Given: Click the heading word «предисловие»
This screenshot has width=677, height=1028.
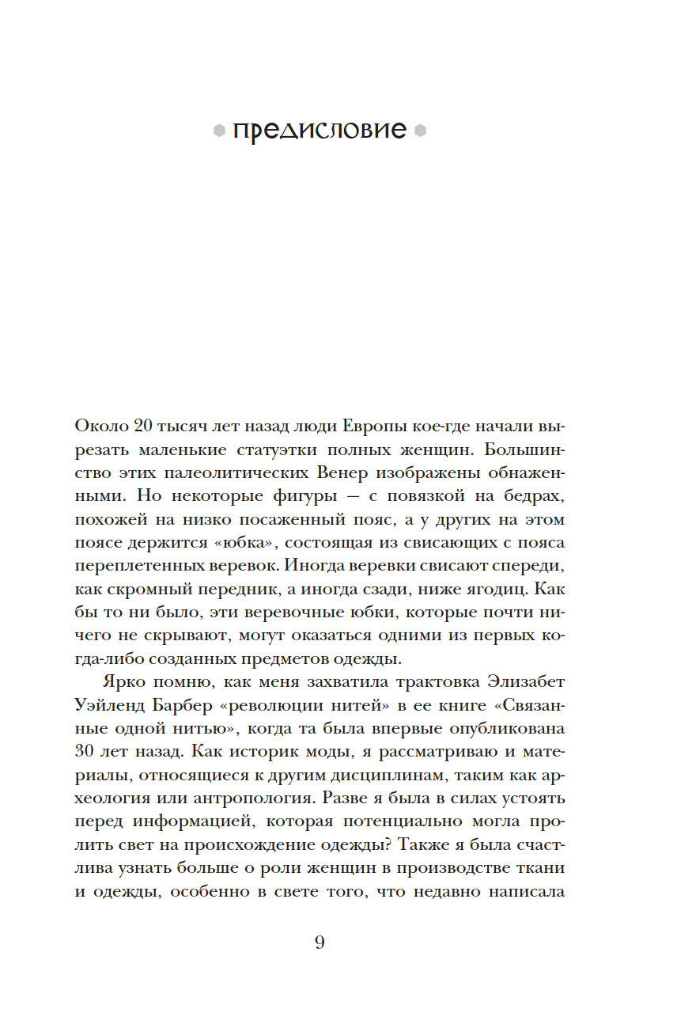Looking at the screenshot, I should pos(320,131).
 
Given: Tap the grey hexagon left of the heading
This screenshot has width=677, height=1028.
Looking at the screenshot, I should pos(219,132).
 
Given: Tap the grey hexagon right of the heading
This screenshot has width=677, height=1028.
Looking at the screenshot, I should pos(420,132).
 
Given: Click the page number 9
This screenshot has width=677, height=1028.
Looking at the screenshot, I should pos(320,943).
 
